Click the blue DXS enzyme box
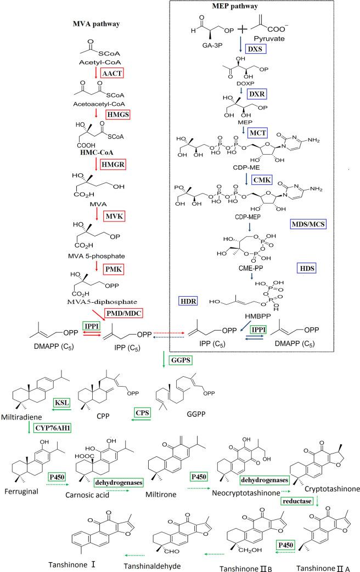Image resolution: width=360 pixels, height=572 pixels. (x=254, y=49)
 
